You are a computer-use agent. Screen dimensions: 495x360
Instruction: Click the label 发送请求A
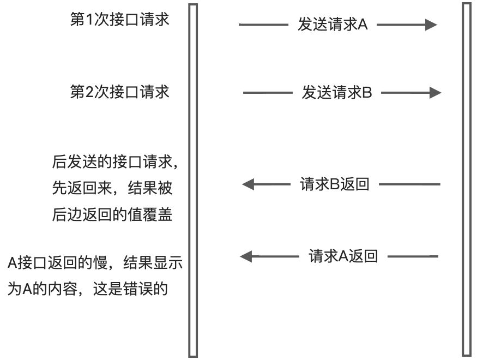(x=333, y=25)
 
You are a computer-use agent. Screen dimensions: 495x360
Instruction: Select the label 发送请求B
(x=337, y=93)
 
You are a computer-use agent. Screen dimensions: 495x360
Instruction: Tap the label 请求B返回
(x=335, y=184)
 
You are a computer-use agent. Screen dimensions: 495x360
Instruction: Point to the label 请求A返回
(x=343, y=256)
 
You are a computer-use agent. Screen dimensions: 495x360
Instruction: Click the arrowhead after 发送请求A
(x=431, y=25)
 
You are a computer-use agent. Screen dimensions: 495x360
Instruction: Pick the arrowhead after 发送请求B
(x=436, y=93)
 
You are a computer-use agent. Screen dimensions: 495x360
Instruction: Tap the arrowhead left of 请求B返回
(x=248, y=184)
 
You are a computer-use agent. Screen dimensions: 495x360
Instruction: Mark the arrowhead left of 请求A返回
(x=246, y=256)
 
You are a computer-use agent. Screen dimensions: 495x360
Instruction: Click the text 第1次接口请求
(x=119, y=20)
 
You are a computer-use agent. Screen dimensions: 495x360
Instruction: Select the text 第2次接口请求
(x=119, y=92)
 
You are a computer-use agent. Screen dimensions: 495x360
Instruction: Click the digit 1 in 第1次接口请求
(x=89, y=20)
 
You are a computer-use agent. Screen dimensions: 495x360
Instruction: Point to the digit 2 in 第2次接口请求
(x=89, y=92)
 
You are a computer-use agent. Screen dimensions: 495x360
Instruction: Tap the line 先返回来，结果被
(x=112, y=188)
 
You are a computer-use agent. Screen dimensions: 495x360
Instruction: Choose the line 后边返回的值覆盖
(x=112, y=215)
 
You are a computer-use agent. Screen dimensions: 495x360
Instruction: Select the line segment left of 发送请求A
(x=264, y=25)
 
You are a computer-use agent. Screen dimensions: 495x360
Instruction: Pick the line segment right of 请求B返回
(x=409, y=184)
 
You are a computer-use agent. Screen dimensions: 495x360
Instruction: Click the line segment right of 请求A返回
(x=413, y=256)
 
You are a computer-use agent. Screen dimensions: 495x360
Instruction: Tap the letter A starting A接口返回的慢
(x=12, y=263)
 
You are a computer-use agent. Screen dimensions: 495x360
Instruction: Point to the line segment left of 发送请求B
(x=268, y=93)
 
